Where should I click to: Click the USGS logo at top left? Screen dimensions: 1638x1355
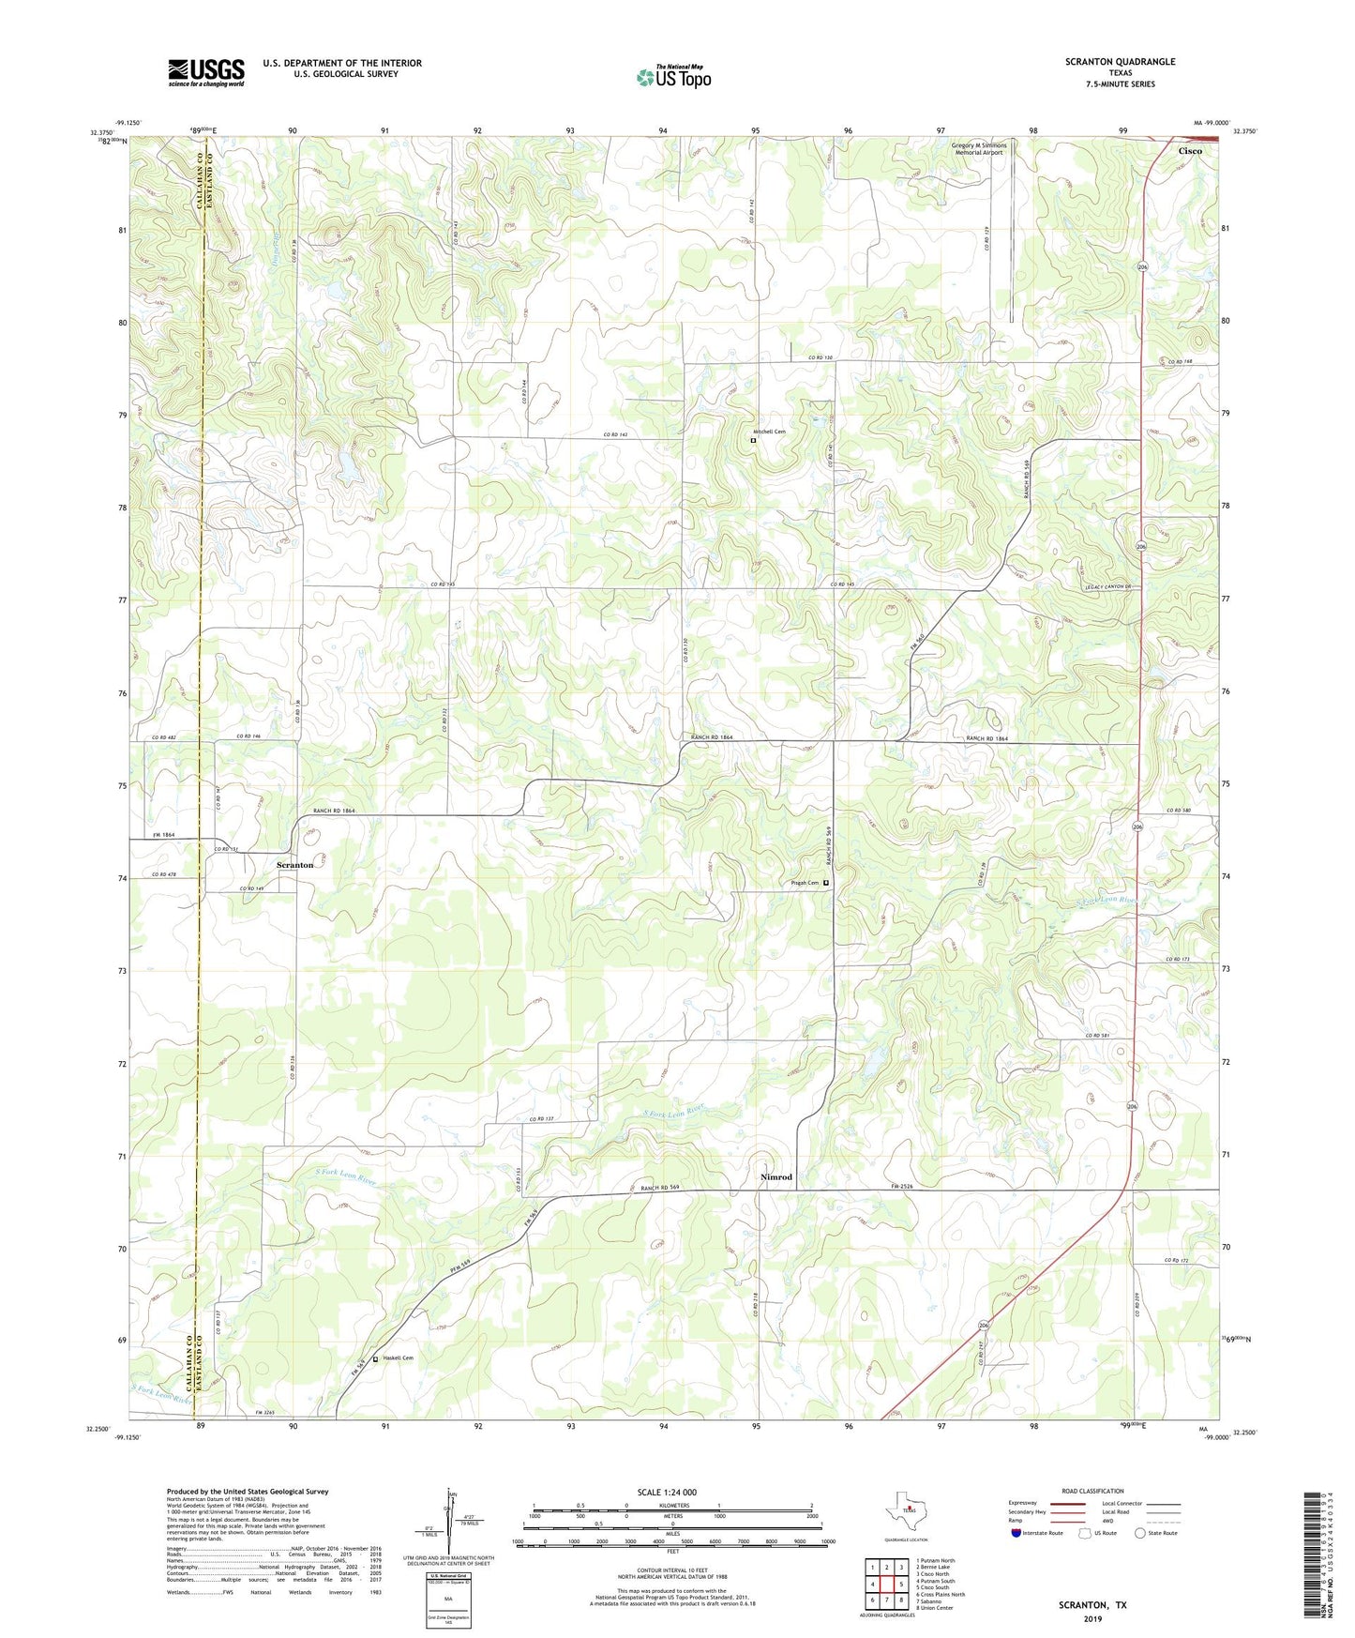(206, 72)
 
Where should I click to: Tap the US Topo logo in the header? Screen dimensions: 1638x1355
(672, 76)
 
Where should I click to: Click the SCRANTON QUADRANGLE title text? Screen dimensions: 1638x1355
(1120, 61)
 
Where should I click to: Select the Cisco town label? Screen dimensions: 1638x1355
(1190, 150)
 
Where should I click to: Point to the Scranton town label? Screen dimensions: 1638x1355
(294, 864)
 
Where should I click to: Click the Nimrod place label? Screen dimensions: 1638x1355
(775, 1176)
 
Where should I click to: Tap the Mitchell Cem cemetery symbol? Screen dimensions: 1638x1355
(753, 439)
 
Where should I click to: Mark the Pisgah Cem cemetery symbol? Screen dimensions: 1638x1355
(826, 883)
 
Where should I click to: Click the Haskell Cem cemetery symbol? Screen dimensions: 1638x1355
(376, 1358)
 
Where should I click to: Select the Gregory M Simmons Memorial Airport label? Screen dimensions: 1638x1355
(979, 149)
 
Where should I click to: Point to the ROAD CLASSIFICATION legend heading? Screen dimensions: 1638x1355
(1092, 1491)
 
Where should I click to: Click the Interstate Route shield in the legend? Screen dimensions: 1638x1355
(1018, 1534)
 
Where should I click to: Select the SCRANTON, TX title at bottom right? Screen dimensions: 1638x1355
(1092, 1605)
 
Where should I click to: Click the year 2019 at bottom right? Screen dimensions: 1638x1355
(1092, 1618)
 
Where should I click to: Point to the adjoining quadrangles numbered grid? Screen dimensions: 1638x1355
(886, 1585)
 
